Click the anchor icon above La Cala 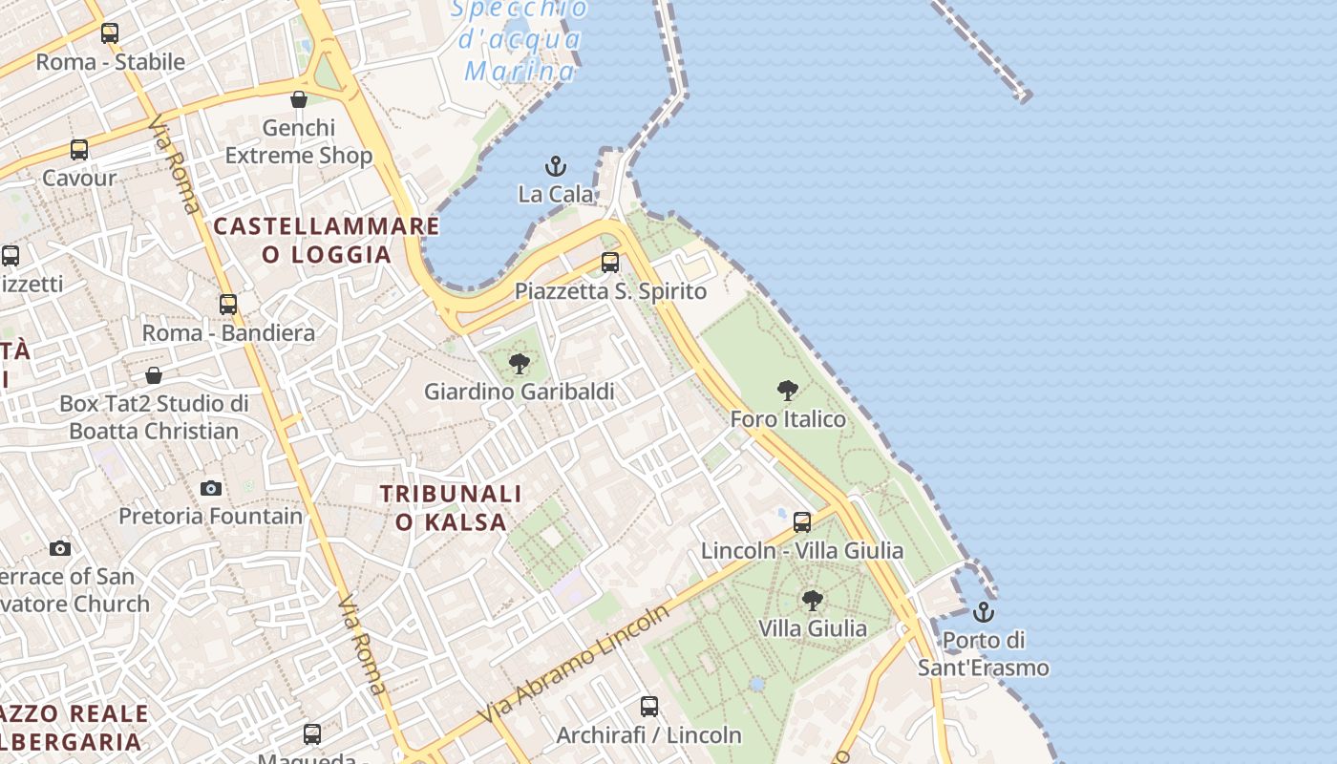(556, 167)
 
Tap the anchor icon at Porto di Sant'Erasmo (984, 612)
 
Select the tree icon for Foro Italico (788, 390)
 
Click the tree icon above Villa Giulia (813, 600)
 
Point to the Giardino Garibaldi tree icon (520, 363)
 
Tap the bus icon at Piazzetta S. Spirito (610, 262)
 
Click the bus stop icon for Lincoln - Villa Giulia (802, 521)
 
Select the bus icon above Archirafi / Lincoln (649, 707)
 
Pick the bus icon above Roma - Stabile (110, 33)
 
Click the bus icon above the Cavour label (79, 150)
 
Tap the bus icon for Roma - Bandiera (228, 304)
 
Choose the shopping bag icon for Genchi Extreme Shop (299, 99)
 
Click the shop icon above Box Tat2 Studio (154, 375)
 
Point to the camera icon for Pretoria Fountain (211, 488)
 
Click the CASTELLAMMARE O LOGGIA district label (327, 240)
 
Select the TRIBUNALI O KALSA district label (451, 507)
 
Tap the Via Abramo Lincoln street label (574, 665)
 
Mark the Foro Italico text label (788, 419)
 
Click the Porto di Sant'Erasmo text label (984, 653)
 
